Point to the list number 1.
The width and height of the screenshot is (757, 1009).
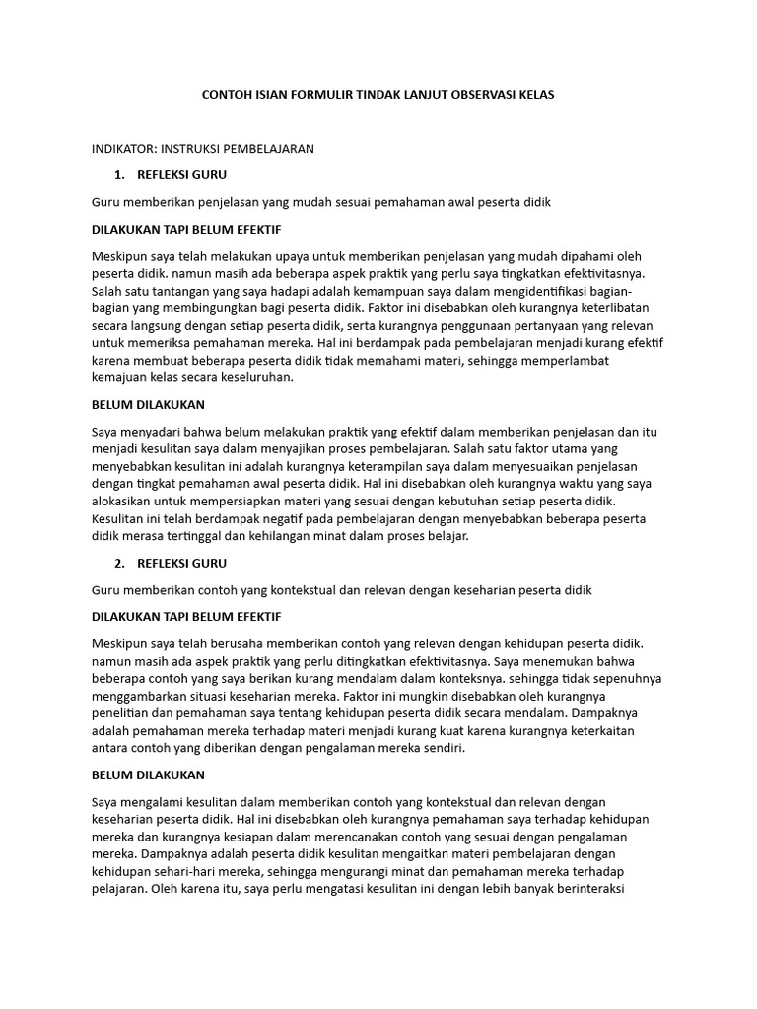(x=119, y=175)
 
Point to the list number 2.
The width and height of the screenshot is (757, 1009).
(x=119, y=564)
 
